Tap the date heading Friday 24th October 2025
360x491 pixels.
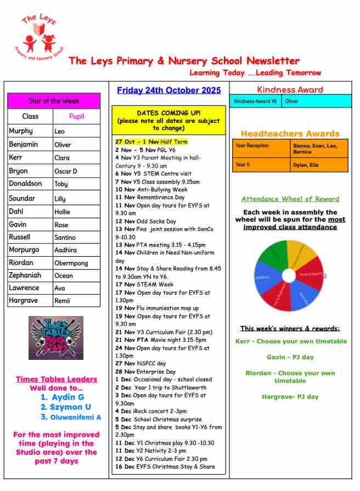(169, 91)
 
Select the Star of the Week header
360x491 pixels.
(54, 101)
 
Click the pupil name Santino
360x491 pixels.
(65, 238)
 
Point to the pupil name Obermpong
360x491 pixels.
(71, 263)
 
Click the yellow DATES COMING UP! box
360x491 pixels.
(168, 120)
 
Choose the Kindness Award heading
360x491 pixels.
(290, 89)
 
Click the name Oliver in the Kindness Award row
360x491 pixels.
(292, 101)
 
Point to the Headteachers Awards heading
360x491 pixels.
(290, 133)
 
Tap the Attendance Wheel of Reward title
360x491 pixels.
(290, 199)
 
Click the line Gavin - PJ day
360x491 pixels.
(290, 357)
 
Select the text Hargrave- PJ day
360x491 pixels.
(290, 397)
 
